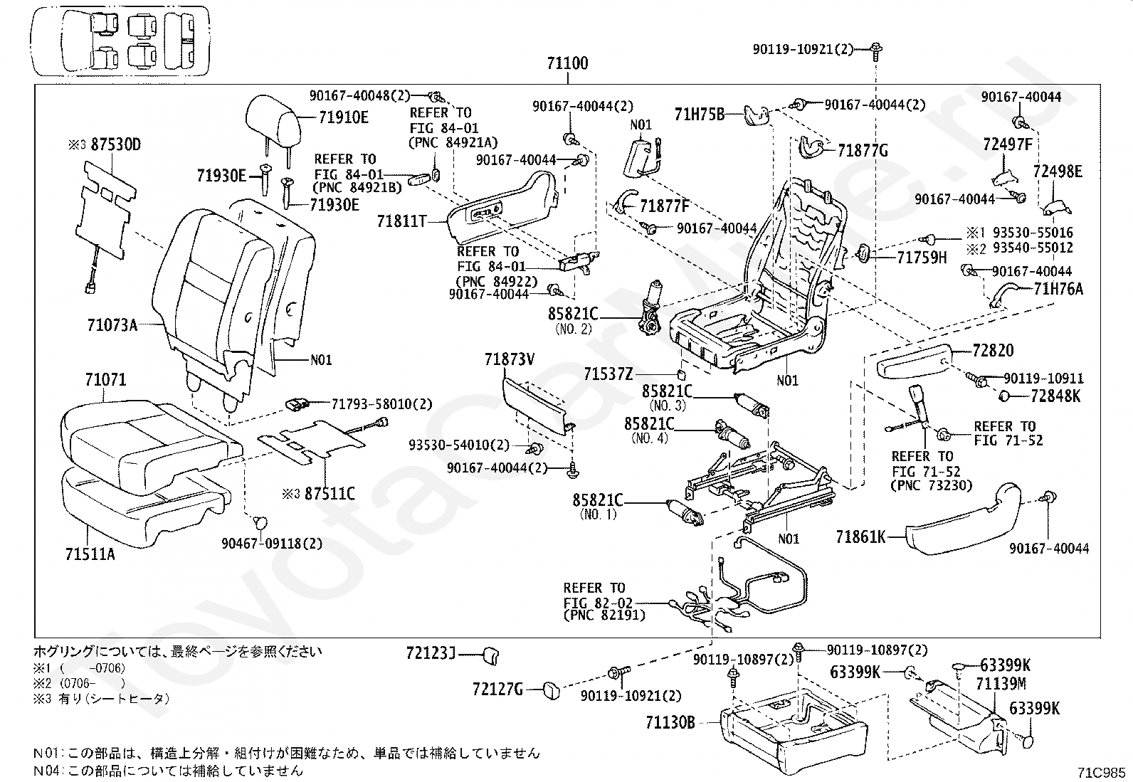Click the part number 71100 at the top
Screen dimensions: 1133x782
[x=567, y=64]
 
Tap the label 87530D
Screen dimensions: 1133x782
[x=116, y=144]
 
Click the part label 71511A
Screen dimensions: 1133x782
[x=90, y=554]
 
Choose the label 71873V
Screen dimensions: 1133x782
[x=510, y=359]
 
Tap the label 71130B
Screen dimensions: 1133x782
[x=670, y=722]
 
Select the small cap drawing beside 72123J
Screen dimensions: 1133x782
[x=490, y=655]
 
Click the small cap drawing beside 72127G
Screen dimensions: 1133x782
[x=552, y=690]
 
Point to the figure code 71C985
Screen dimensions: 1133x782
[x=1101, y=772]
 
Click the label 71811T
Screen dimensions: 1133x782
[x=402, y=221]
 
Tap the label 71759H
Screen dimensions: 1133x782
[x=922, y=258]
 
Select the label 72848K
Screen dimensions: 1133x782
[x=1055, y=396]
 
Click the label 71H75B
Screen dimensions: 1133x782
[x=700, y=115]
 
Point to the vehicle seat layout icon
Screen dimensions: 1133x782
[x=120, y=41]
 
